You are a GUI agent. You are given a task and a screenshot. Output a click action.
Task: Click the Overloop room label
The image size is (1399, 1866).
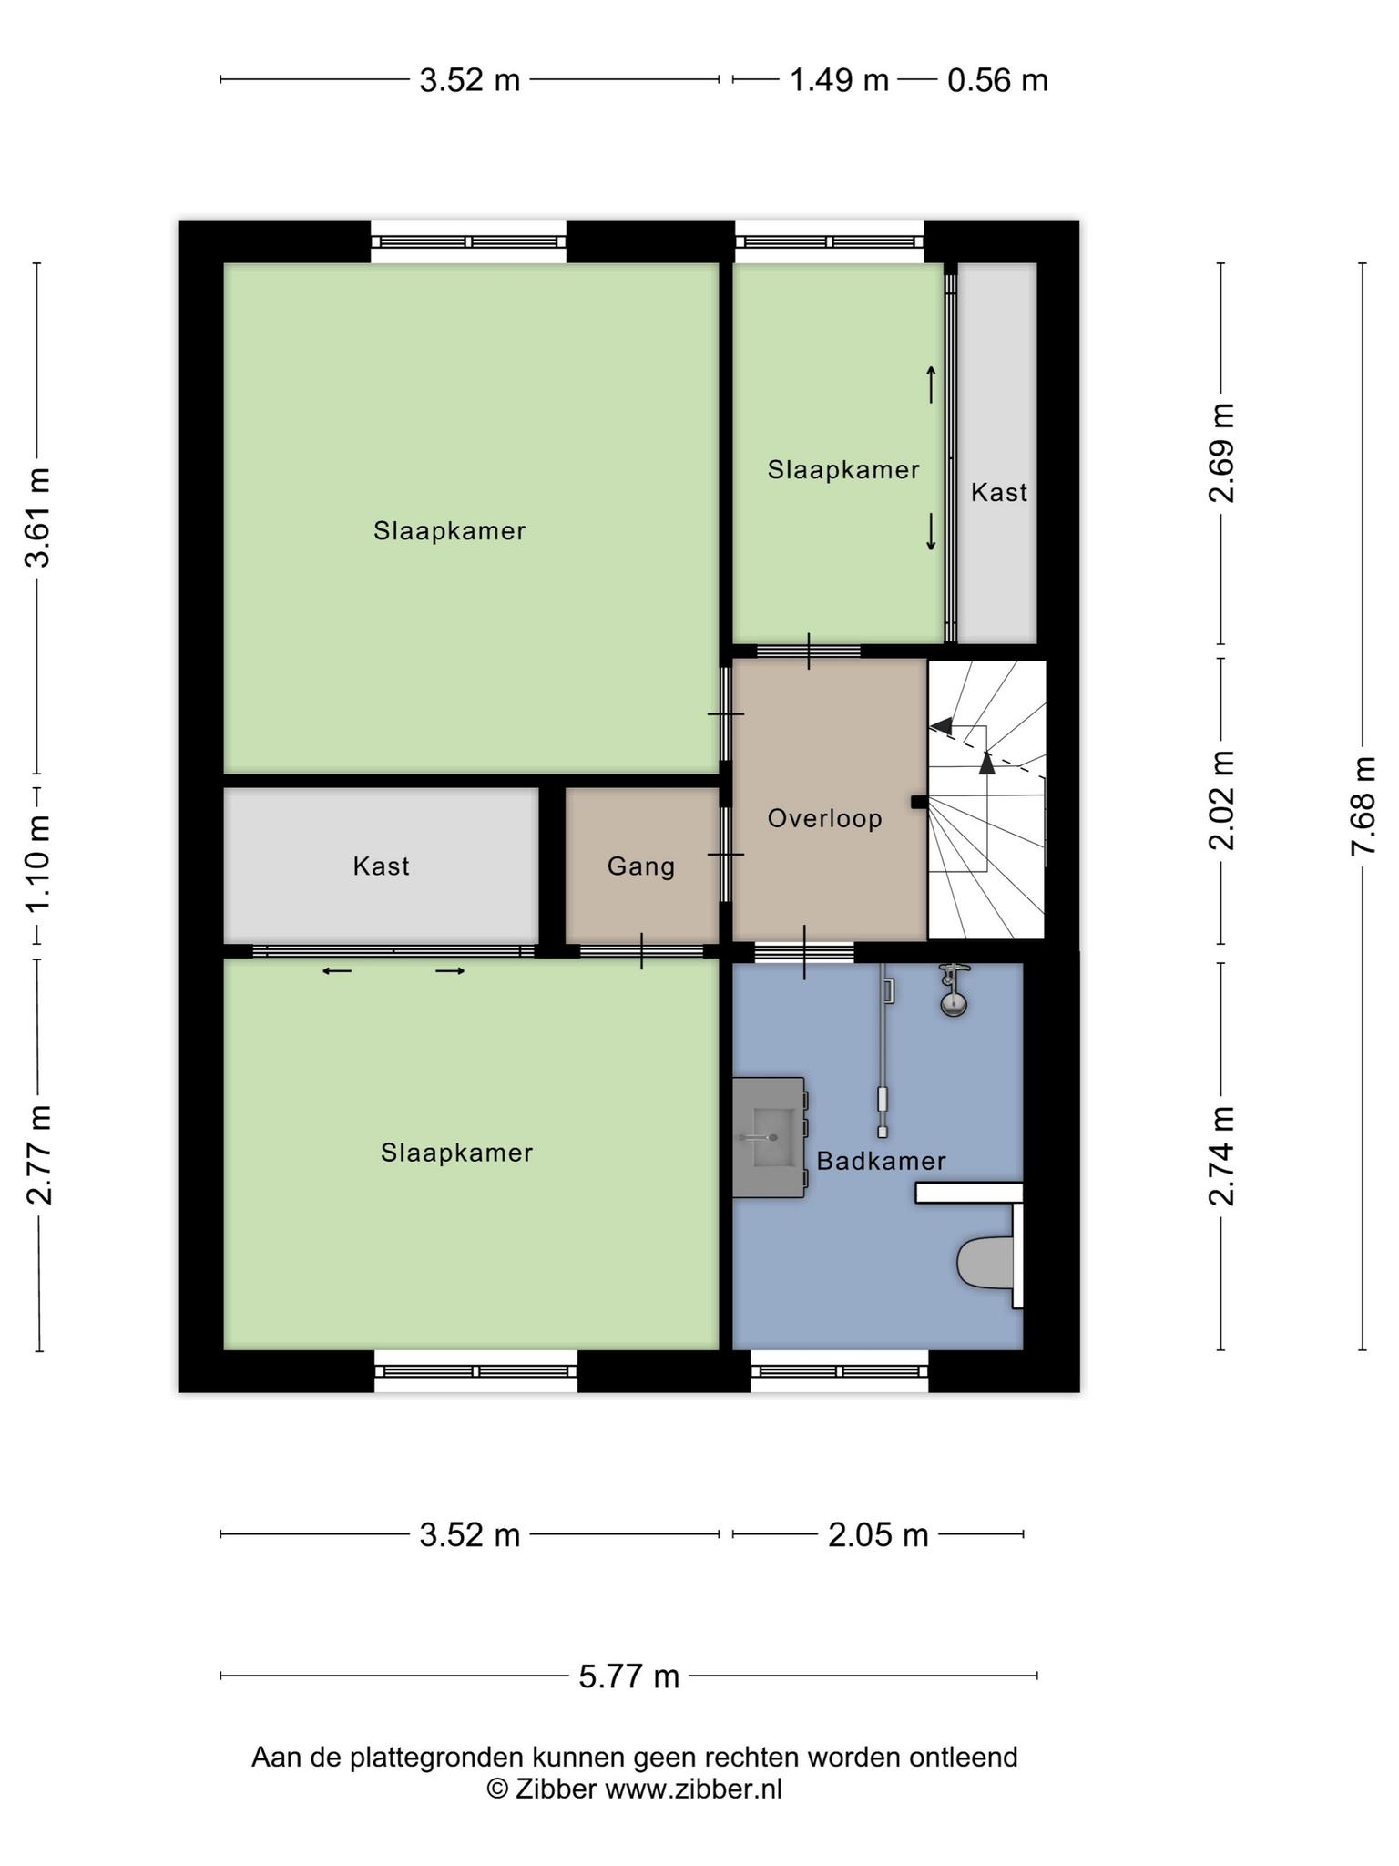coord(824,818)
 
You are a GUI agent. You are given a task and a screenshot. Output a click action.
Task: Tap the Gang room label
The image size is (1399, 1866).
coord(641,866)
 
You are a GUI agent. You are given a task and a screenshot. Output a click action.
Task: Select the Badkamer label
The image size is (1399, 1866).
coord(881,1161)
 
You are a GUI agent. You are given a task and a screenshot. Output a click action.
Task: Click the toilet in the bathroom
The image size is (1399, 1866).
coord(985,1262)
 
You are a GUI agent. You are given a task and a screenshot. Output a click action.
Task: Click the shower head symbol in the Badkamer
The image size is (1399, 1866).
coord(954,990)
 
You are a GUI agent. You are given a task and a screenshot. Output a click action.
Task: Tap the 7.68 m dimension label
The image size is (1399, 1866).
coord(1363,805)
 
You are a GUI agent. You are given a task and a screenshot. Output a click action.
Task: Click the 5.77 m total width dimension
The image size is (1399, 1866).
coord(629,1676)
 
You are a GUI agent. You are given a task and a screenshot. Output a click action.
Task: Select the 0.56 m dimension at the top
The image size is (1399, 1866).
coord(997,80)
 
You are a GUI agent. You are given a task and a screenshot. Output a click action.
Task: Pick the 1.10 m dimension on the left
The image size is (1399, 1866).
coord(38,863)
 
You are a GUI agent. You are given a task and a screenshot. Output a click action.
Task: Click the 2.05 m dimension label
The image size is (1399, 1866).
coord(878,1535)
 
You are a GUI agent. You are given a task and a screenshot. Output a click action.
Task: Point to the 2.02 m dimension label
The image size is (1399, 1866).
coord(1221,800)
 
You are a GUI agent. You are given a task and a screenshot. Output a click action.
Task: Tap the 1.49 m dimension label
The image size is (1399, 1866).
coord(839,80)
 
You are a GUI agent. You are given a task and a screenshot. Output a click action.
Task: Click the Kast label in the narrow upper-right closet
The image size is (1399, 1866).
coord(998,492)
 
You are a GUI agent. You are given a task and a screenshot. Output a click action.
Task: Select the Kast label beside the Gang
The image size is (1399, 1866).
coord(381,866)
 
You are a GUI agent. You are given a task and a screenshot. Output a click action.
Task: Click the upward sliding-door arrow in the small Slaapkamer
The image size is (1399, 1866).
coord(931,384)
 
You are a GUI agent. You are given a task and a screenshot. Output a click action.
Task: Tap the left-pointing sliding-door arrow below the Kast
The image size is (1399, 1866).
coord(337,971)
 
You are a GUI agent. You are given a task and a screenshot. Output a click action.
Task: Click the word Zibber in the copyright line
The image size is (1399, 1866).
coord(556,1789)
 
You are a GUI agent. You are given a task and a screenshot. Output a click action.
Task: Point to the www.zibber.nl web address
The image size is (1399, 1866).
coord(694,1789)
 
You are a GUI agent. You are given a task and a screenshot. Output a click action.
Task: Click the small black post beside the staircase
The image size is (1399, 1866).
coord(919,802)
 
